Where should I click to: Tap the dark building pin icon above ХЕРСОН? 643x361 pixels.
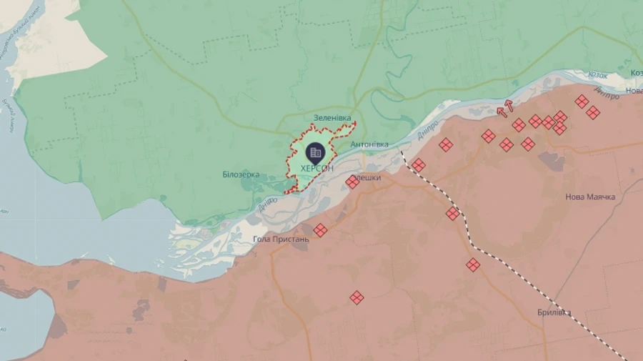pyautogui.click(x=315, y=152)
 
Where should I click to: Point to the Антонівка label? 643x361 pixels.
pyautogui.click(x=369, y=144)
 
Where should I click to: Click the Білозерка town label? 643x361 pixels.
pyautogui.click(x=241, y=174)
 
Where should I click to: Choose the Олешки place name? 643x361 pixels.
pyautogui.click(x=367, y=177)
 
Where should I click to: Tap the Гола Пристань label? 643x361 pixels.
pyautogui.click(x=281, y=239)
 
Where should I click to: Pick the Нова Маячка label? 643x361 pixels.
pyautogui.click(x=590, y=197)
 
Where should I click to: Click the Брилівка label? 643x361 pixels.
pyautogui.click(x=554, y=312)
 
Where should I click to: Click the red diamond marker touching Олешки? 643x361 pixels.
pyautogui.click(x=352, y=182)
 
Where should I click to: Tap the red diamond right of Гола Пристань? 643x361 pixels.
pyautogui.click(x=320, y=230)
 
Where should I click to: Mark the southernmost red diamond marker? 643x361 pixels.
pyautogui.click(x=357, y=297)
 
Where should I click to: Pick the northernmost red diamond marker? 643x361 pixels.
pyautogui.click(x=582, y=102)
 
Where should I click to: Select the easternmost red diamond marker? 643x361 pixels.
pyautogui.click(x=592, y=112)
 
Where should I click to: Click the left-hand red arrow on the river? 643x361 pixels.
pyautogui.click(x=501, y=111)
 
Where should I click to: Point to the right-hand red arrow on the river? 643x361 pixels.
pyautogui.click(x=509, y=105)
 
